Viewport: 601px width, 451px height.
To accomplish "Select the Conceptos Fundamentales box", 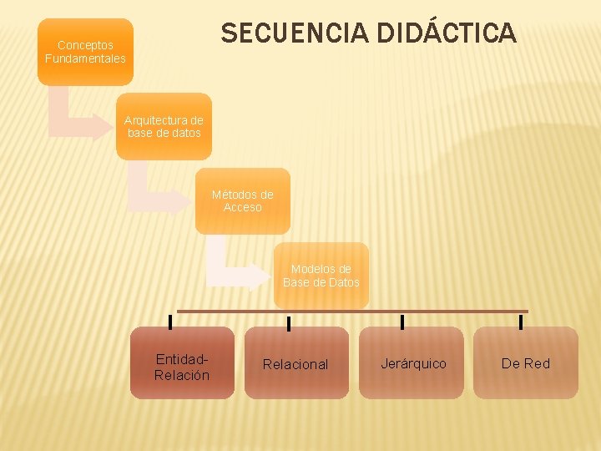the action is click(x=85, y=52).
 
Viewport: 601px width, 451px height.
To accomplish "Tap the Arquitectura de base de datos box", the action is click(x=164, y=126).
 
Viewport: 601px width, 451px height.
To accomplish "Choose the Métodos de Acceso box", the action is click(x=243, y=200).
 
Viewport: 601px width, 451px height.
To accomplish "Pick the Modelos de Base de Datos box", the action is click(x=321, y=276).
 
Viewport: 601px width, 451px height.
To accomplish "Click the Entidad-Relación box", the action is click(x=182, y=363).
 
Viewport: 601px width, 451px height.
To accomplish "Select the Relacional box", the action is click(x=296, y=363).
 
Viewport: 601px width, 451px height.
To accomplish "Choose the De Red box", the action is click(x=526, y=363).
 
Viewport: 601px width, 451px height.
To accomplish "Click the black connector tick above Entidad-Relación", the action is click(x=171, y=322).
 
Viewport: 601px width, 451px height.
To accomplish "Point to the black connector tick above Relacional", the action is click(x=289, y=322).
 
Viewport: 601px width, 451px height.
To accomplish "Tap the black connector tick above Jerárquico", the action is click(x=402, y=322).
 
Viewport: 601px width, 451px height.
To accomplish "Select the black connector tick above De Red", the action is click(x=521, y=322).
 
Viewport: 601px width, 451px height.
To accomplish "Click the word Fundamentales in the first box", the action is click(x=85, y=58).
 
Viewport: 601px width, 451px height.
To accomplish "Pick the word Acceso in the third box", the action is click(x=243, y=207).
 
